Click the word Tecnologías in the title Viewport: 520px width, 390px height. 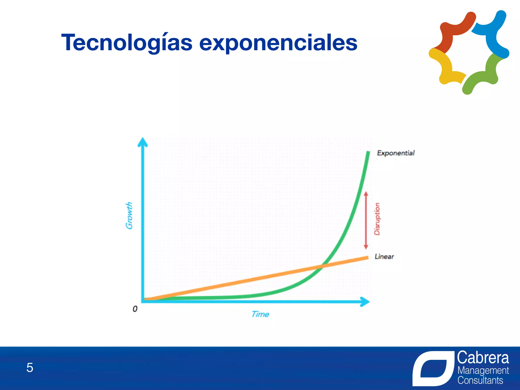(127, 43)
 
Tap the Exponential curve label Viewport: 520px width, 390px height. (396, 153)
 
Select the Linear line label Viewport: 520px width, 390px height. (384, 256)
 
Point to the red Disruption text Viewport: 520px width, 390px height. (377, 219)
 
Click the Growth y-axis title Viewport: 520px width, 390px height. (129, 216)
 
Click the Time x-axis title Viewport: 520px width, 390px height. (260, 314)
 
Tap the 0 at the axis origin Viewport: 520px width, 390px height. (135, 309)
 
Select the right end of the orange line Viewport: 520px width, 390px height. (367, 258)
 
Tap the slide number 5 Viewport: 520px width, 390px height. (30, 367)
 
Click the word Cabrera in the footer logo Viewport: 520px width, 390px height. (483, 358)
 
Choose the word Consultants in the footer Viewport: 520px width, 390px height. (480, 380)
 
